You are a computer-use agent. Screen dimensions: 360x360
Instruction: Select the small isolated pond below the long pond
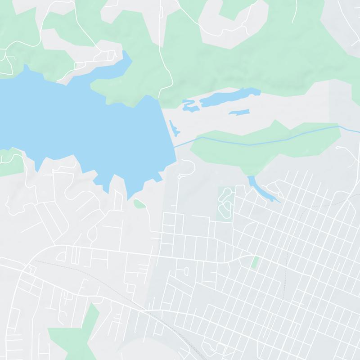pos(239,112)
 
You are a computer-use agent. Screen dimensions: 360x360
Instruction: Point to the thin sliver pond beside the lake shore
pos(174,129)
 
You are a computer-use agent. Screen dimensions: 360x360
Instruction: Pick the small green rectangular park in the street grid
pos(255,262)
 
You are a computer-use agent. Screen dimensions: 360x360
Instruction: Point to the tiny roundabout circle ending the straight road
pos(179,177)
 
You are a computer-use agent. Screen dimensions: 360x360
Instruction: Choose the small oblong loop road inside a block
pos(186,271)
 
